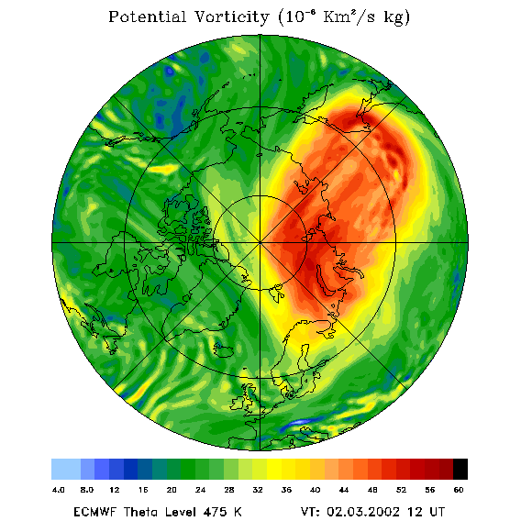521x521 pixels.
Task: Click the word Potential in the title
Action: [x=147, y=17]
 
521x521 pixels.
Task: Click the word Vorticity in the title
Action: [x=231, y=17]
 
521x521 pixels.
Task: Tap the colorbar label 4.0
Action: [x=59, y=490]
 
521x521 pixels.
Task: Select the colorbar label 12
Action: [x=115, y=490]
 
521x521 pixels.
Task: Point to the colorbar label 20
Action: [x=172, y=490]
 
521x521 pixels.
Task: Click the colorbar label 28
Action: [x=229, y=490]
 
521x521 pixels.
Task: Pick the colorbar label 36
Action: [x=286, y=490]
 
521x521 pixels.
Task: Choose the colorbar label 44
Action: [x=344, y=490]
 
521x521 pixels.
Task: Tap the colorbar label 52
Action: [x=401, y=490]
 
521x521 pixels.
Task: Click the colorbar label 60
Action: [x=459, y=490]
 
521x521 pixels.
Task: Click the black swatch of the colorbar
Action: [x=460, y=469]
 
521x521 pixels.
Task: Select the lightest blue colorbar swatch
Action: [x=66, y=469]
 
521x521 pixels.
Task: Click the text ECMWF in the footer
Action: [x=94, y=512]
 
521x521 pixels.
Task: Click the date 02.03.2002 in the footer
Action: [x=363, y=512]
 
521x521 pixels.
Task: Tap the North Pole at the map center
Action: [x=260, y=243]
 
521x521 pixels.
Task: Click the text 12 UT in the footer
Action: [x=426, y=512]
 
